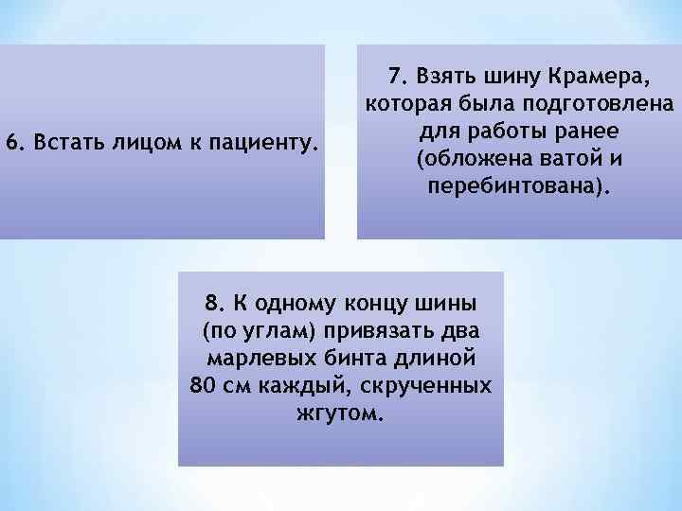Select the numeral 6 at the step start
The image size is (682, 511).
[x=11, y=143]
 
